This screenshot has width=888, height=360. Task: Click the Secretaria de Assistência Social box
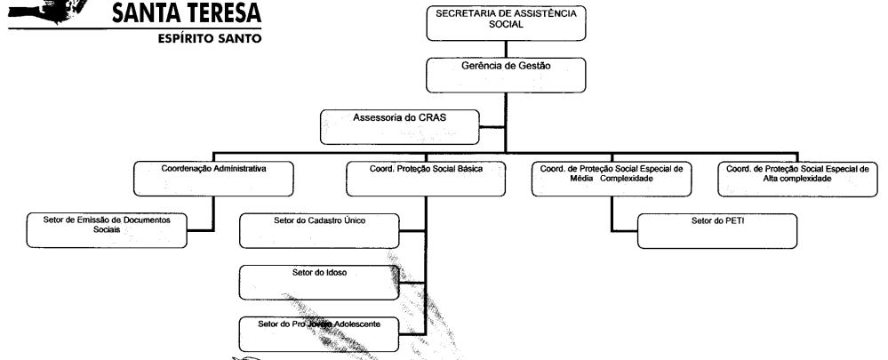coord(506,23)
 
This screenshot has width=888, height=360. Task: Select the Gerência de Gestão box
coord(506,75)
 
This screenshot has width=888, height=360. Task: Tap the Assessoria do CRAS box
coord(400,127)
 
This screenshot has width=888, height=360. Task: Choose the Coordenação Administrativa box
coord(213,179)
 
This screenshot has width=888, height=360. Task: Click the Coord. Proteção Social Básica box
coord(426,179)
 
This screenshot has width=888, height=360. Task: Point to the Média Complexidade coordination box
coord(612,179)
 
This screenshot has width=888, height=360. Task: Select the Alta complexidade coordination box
coord(797,179)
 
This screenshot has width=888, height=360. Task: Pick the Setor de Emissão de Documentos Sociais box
coord(107,230)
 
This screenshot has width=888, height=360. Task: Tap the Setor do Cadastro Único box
coord(319,230)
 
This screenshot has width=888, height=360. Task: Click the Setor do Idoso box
coord(319,283)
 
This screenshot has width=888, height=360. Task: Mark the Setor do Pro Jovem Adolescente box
coord(319,334)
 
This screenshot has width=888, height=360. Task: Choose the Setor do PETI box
coord(717,231)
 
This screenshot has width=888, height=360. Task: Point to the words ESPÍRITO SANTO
coord(210,38)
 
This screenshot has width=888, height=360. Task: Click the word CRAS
coord(432,117)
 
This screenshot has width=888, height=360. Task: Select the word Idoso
coord(335,273)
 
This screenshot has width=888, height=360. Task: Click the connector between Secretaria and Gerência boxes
coord(506,49)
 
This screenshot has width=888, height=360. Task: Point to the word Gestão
coord(535,66)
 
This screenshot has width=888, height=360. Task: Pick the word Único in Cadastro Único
coord(355,220)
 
